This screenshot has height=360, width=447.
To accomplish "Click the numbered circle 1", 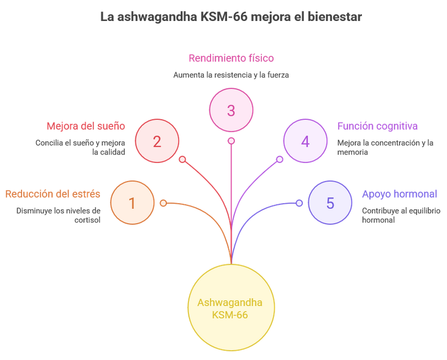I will pyautogui.click(x=132, y=203).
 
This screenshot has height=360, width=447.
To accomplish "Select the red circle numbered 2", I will pyautogui.click(x=157, y=141).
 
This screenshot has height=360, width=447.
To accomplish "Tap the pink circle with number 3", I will pyautogui.click(x=231, y=110).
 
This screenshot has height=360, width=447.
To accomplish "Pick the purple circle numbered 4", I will pyautogui.click(x=305, y=141).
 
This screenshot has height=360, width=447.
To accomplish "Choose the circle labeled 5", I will pyautogui.click(x=330, y=203).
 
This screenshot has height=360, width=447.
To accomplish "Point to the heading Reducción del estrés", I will pyautogui.click(x=53, y=194).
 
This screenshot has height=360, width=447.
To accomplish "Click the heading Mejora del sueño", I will pyautogui.click(x=86, y=126).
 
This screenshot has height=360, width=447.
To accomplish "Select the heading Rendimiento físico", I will pyautogui.click(x=231, y=58).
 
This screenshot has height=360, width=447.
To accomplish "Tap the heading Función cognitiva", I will pyautogui.click(x=377, y=126).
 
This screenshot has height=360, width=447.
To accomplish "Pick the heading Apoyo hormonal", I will pyautogui.click(x=399, y=194).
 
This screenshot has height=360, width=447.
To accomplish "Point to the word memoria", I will pyautogui.click(x=353, y=152).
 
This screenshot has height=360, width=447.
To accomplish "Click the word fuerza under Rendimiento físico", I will pyautogui.click(x=278, y=75).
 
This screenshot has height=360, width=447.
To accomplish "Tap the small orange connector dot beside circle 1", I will pyautogui.click(x=163, y=203).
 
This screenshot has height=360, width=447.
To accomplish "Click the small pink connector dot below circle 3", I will pyautogui.click(x=231, y=141).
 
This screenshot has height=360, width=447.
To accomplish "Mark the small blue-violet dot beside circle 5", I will pyautogui.click(x=299, y=203).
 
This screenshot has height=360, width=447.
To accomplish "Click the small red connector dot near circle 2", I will pyautogui.click(x=182, y=160).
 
